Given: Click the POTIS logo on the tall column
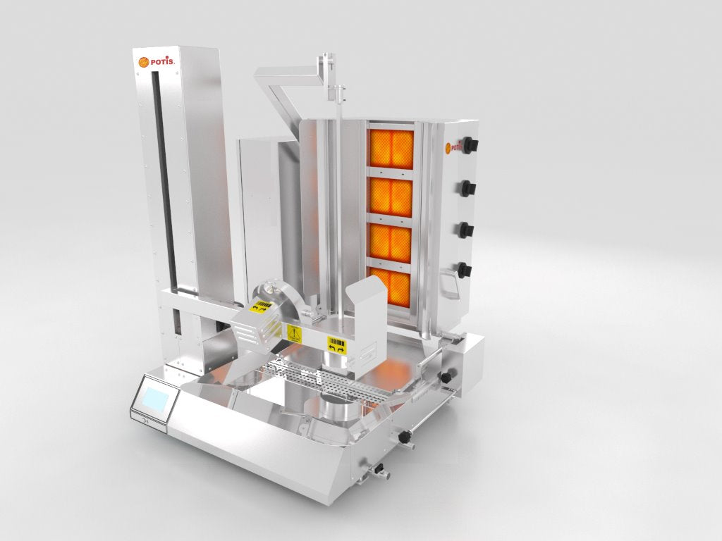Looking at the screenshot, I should pos(153,63).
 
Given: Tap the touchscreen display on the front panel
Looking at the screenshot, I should pos(157,399).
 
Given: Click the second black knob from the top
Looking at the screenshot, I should pos(468,188).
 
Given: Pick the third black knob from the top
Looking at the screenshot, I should pos(467,230).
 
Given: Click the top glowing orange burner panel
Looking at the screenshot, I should pos(391,149).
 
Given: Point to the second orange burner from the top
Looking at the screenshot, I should pos(391,198).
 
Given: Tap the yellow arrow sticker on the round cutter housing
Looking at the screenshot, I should pos(260,307).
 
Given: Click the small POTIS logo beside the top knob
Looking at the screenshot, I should pos(453,148).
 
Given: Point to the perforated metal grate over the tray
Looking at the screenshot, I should pos(331,380).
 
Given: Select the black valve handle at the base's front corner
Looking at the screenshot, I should pos(405,438).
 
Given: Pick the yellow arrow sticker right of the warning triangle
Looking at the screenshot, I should pos(336,344).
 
